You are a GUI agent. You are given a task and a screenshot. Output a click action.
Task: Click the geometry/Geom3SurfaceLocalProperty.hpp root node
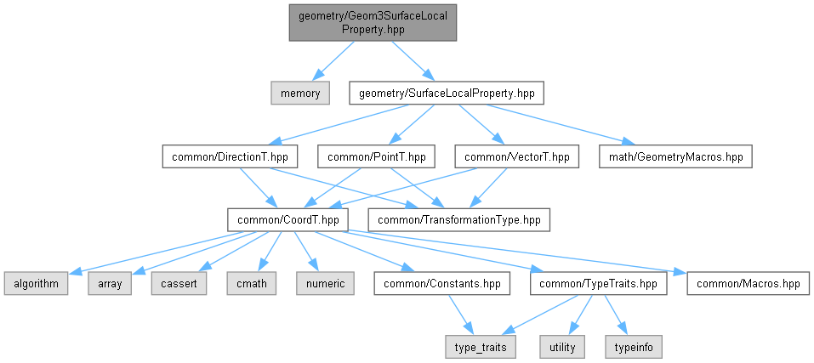tap(373, 22)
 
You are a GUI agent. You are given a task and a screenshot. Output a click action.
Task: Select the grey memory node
tap(300, 94)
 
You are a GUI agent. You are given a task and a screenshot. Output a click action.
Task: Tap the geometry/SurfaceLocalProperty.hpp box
tap(447, 94)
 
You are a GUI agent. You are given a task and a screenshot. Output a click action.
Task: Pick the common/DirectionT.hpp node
tap(230, 156)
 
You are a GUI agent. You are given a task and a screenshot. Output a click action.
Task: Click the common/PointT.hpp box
tap(376, 156)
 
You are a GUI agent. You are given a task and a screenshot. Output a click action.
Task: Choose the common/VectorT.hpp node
tap(516, 156)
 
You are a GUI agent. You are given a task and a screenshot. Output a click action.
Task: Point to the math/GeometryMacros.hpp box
tap(675, 156)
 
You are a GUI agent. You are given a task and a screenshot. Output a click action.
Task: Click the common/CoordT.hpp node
tap(288, 220)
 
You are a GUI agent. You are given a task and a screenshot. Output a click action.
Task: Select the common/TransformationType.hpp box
tap(459, 220)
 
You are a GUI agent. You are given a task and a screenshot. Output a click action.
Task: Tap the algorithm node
tap(36, 284)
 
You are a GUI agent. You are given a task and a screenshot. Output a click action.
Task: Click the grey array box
tap(110, 284)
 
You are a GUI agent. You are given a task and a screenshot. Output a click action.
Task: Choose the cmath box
tap(251, 284)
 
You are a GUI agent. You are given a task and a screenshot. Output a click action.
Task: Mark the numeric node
tap(326, 284)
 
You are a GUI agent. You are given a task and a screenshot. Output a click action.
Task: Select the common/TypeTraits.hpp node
tap(599, 284)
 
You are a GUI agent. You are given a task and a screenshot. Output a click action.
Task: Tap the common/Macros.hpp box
tap(748, 284)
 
